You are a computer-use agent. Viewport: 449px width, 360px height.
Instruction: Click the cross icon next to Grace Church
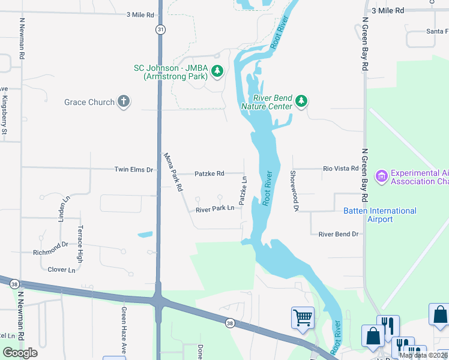click(x=124, y=101)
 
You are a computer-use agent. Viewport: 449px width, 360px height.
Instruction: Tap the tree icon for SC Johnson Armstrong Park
click(x=217, y=73)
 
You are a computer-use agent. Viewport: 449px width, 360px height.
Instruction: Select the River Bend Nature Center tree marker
click(x=301, y=102)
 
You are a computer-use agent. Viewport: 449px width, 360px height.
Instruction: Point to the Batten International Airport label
click(x=380, y=215)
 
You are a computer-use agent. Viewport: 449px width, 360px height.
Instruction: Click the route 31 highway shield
click(x=159, y=29)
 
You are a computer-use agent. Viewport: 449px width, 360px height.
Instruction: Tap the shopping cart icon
click(x=303, y=318)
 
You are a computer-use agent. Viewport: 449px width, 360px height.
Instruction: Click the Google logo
click(x=20, y=352)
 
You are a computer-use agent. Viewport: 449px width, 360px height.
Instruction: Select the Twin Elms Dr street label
click(x=134, y=170)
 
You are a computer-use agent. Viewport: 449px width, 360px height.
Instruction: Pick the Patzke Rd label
click(x=209, y=173)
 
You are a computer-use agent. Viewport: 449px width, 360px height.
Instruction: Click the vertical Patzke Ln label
click(x=244, y=191)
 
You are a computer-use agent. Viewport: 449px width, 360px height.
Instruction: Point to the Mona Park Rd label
click(x=174, y=172)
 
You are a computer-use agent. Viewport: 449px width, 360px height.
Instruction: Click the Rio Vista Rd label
click(x=340, y=169)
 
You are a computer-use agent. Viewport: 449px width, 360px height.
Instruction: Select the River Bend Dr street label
click(x=338, y=234)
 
